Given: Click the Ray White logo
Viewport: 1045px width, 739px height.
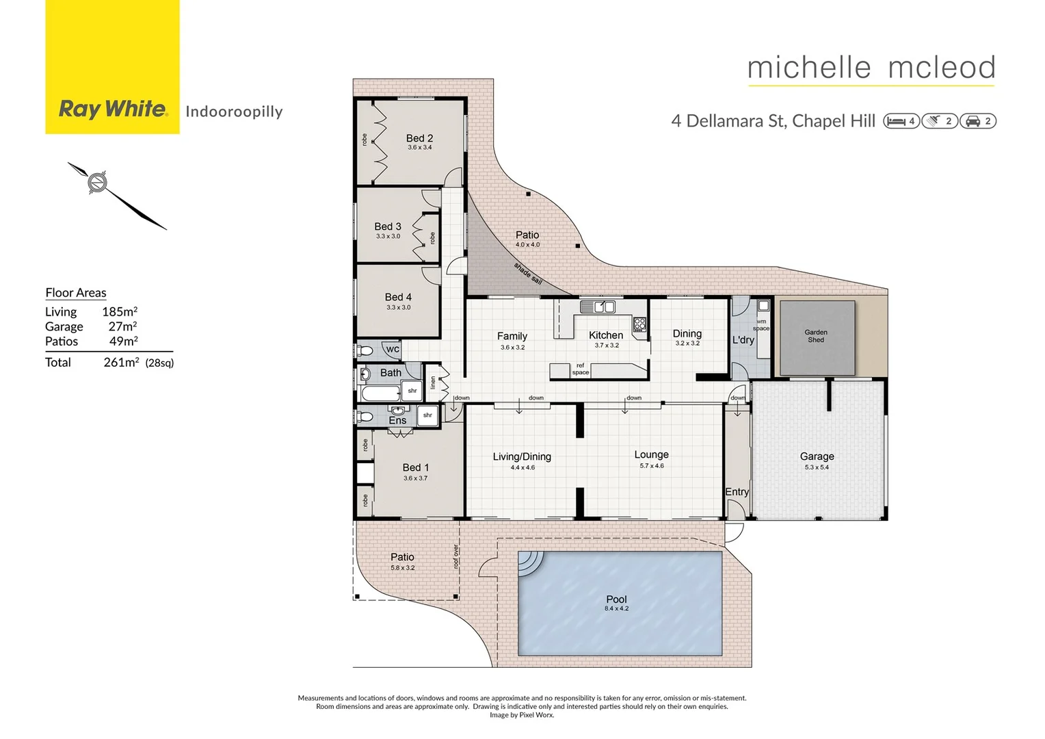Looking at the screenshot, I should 113,109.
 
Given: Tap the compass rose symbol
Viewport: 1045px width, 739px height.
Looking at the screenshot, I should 98,182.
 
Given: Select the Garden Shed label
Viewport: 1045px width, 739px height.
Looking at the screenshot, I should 815,336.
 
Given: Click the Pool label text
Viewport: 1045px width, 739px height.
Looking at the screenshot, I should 616,599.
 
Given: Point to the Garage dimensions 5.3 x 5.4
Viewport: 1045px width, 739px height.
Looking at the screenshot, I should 817,467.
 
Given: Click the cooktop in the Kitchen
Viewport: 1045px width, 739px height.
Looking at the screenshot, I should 639,324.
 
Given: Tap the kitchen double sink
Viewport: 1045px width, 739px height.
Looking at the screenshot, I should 598,307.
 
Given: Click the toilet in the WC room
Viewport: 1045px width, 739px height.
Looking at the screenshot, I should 365,351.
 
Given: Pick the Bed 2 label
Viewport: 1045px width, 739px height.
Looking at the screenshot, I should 419,138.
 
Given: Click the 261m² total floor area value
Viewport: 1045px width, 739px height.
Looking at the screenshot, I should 121,362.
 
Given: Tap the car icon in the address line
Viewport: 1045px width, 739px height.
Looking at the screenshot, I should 973,121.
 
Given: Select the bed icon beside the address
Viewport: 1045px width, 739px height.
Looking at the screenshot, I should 896,121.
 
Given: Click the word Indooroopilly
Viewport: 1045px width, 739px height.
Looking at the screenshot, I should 234,112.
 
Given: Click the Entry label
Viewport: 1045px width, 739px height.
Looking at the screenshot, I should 737,491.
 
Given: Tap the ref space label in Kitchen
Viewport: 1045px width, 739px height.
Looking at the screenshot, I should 580,369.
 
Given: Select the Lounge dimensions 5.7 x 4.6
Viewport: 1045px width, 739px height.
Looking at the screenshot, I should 651,466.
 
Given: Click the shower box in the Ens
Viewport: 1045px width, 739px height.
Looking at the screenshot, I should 427,415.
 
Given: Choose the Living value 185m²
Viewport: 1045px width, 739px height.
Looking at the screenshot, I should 120,311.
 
